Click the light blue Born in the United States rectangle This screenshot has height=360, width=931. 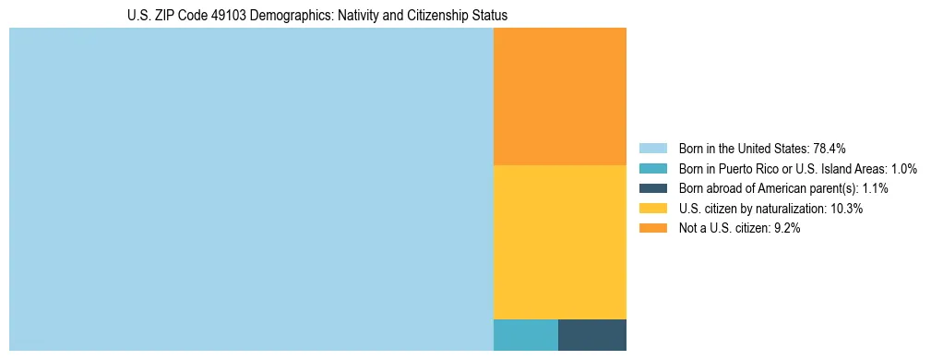pyautogui.click(x=251, y=189)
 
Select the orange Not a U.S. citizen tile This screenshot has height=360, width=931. pyautogui.click(x=560, y=96)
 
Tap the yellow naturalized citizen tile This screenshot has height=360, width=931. pyautogui.click(x=560, y=242)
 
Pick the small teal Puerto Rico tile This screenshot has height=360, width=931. pyautogui.click(x=526, y=334)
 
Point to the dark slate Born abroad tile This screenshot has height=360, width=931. pyautogui.click(x=592, y=334)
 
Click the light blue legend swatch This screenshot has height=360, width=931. pyautogui.click(x=652, y=149)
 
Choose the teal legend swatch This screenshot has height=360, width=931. pyautogui.click(x=652, y=169)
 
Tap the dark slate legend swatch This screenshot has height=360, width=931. pyautogui.click(x=652, y=188)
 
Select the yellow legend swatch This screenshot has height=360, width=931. pyautogui.click(x=652, y=209)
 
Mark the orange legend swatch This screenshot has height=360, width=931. pyautogui.click(x=652, y=228)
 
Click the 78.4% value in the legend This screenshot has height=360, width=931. pyautogui.click(x=830, y=149)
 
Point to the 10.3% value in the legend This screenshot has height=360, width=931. pyautogui.click(x=846, y=209)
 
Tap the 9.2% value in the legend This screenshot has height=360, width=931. pyautogui.click(x=784, y=228)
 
